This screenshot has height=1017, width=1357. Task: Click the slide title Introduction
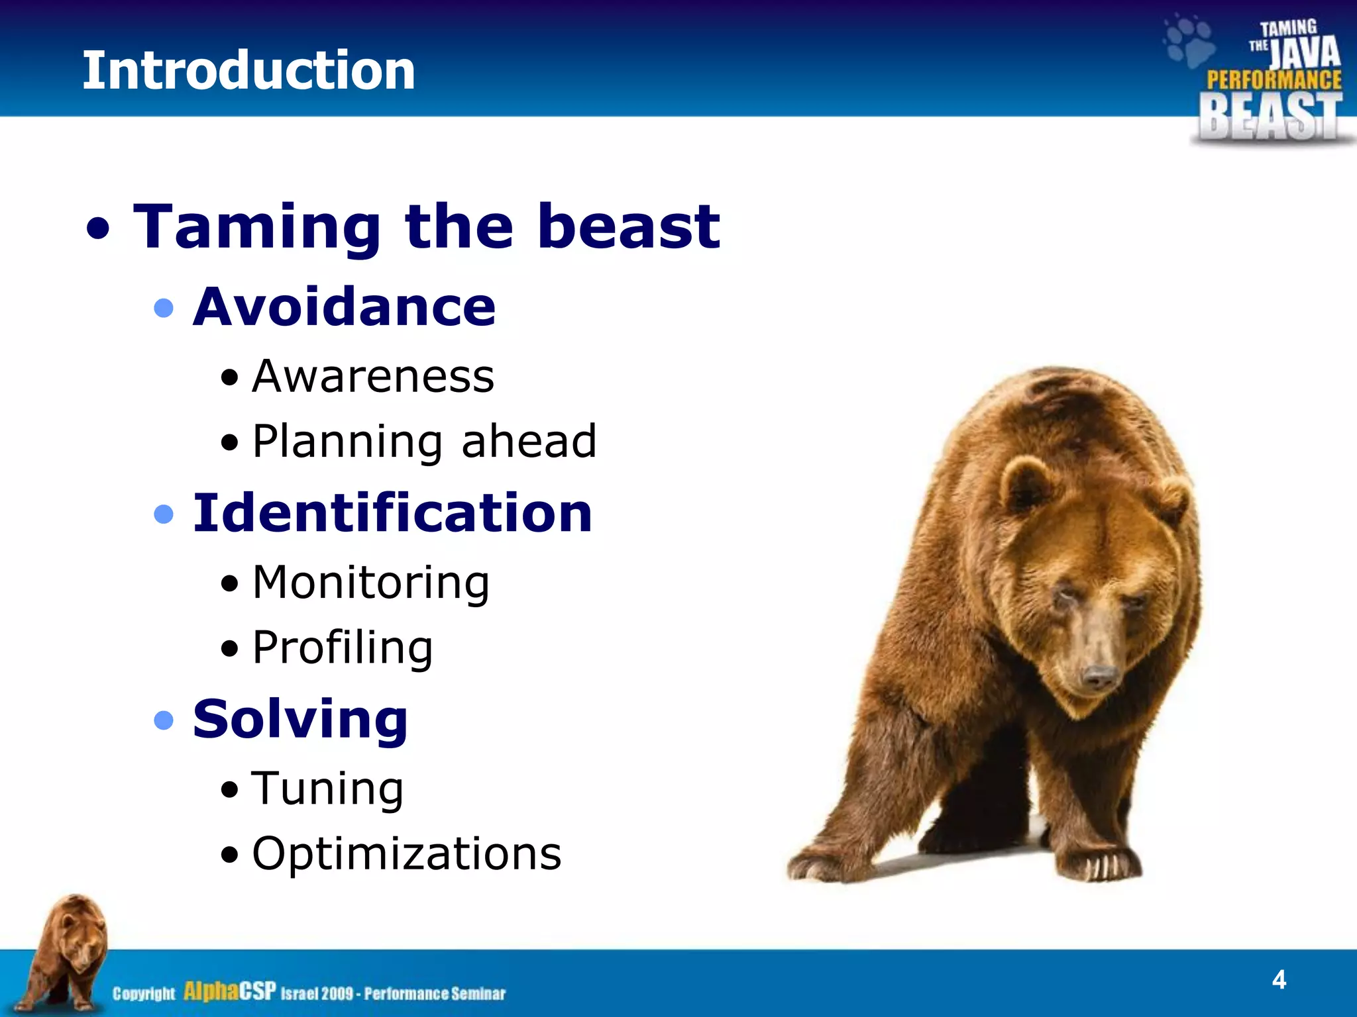pyautogui.click(x=248, y=71)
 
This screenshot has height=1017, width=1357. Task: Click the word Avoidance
pyautogui.click(x=344, y=307)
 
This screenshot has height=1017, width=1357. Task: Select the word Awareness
pyautogui.click(x=373, y=377)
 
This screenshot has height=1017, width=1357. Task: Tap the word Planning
pyautogui.click(x=347, y=442)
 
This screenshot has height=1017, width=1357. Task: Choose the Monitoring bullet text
pyautogui.click(x=371, y=583)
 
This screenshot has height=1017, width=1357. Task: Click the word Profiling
pyautogui.click(x=343, y=648)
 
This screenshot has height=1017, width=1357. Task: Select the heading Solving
pyautogui.click(x=300, y=720)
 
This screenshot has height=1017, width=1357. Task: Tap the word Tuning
pyautogui.click(x=327, y=789)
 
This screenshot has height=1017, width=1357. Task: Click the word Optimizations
pyautogui.click(x=406, y=853)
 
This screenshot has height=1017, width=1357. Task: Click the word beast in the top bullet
pyautogui.click(x=629, y=227)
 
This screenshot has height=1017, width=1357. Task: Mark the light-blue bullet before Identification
pyautogui.click(x=163, y=514)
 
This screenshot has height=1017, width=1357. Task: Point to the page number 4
pyautogui.click(x=1279, y=979)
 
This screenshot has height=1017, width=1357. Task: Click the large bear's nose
pyautogui.click(x=1101, y=677)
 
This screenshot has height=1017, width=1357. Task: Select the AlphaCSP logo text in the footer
pyautogui.click(x=229, y=991)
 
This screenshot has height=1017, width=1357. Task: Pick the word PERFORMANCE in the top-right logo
pyautogui.click(x=1274, y=80)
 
